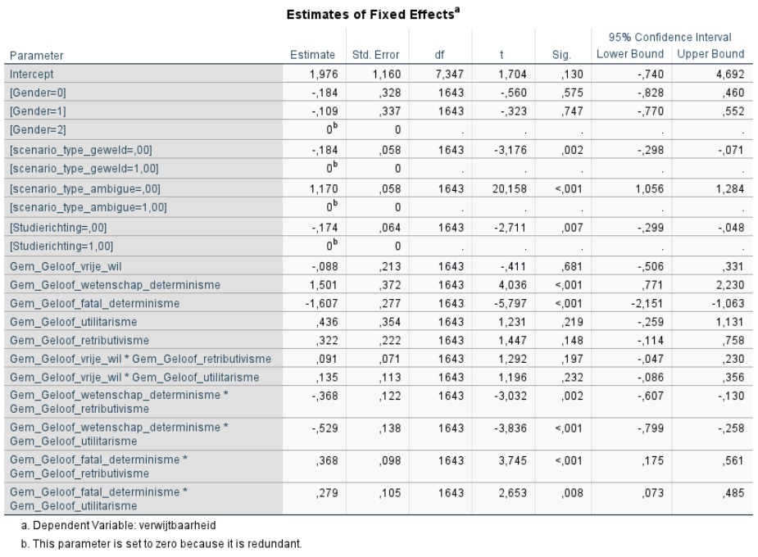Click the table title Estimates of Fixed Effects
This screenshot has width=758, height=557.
tap(373, 14)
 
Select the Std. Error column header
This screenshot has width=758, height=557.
tap(375, 55)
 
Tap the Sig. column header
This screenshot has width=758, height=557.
tap(561, 55)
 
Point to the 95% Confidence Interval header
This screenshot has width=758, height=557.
tap(669, 37)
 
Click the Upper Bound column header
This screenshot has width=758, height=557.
tap(710, 54)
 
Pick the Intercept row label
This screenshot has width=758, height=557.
tap(31, 75)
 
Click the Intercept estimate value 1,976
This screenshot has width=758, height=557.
tap(324, 75)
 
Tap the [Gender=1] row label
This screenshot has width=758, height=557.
tap(38, 111)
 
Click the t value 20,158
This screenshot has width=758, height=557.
tap(509, 189)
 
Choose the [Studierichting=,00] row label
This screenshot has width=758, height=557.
tap(58, 228)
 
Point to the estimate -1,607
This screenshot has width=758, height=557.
tap(321, 303)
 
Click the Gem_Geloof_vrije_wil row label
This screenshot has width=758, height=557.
tap(66, 267)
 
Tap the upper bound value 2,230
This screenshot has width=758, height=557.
tap(730, 285)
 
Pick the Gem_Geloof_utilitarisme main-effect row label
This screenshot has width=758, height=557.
tap(74, 322)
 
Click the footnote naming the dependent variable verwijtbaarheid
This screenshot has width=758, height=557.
tap(119, 525)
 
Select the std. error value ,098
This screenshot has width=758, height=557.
tap(389, 461)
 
